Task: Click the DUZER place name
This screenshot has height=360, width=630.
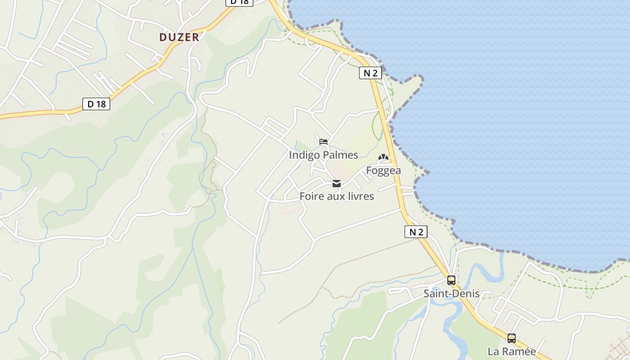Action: coord(179,37)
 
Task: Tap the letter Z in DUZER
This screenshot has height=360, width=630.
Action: coord(179,37)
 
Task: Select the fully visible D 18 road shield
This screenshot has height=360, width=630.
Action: coord(96,104)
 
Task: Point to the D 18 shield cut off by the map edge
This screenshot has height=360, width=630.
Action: coord(239,2)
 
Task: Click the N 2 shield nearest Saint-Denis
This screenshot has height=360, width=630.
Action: coord(415,232)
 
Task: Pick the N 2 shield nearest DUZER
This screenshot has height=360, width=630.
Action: coord(370,73)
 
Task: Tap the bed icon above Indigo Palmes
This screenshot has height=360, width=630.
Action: coord(324,141)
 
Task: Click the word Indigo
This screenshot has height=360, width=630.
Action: coord(304,155)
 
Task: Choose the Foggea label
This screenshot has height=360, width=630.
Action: coord(383,171)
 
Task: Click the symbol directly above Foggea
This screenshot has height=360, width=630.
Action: coord(383,157)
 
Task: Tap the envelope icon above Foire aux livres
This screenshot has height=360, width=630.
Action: coord(337,184)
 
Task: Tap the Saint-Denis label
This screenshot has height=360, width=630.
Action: coord(451,294)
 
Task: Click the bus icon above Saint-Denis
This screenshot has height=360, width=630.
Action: coord(451,280)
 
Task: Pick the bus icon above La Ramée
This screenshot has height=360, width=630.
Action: coord(512,338)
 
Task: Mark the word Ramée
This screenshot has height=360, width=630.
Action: coord(518,351)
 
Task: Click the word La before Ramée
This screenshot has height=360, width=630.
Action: coord(493,351)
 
